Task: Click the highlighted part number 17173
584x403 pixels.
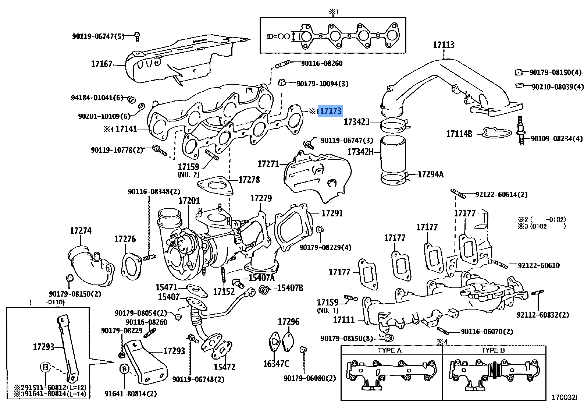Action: click(x=330, y=111)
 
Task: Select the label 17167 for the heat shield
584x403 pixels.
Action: click(x=102, y=64)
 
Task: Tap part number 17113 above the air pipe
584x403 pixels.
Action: click(x=443, y=45)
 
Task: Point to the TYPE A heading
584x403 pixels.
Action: click(x=389, y=350)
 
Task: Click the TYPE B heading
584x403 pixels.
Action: click(x=493, y=350)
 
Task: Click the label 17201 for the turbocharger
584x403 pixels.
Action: click(x=189, y=201)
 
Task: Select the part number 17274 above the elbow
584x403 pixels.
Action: click(x=81, y=231)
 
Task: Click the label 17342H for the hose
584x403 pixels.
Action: click(x=360, y=151)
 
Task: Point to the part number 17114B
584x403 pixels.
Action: click(x=459, y=134)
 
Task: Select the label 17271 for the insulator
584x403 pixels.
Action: click(x=268, y=164)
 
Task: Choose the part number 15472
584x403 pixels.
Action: click(x=224, y=367)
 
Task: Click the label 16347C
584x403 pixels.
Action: click(x=276, y=364)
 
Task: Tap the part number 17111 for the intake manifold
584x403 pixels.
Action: click(x=343, y=320)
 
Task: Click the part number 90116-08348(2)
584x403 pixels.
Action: click(x=154, y=192)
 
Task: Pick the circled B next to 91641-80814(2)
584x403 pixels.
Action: click(x=124, y=368)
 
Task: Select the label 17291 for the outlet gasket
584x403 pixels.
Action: click(x=332, y=213)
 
